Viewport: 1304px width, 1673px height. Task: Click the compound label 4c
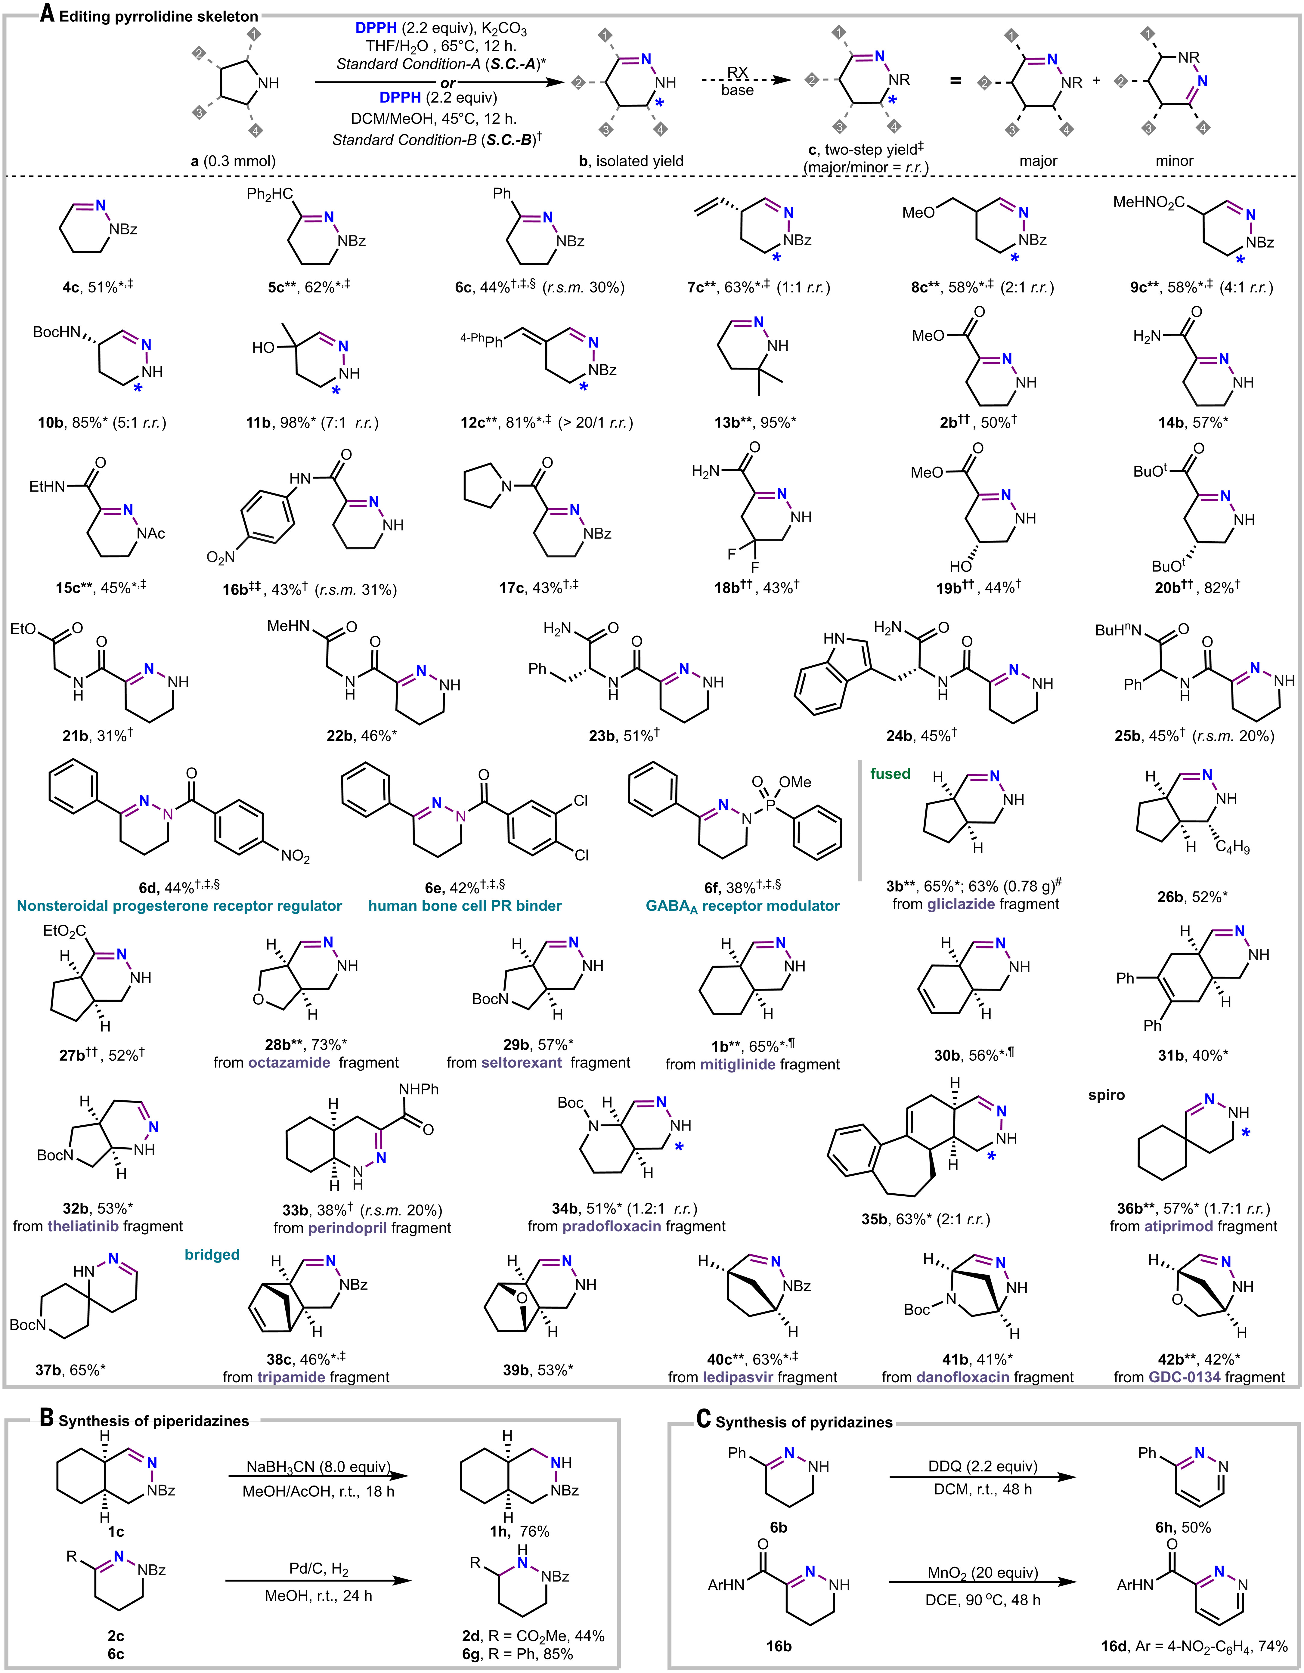70,287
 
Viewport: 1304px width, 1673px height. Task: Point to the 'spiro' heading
1106,1095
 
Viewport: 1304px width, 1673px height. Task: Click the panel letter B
47,1418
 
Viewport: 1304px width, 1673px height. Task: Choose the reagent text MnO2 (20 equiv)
983,1573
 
